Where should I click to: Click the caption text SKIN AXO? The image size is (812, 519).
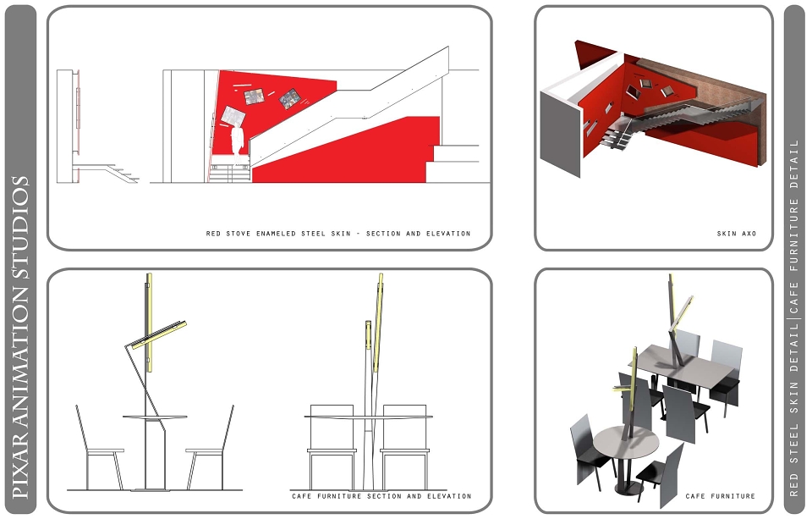(x=737, y=234)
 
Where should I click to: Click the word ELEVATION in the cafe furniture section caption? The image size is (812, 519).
(x=449, y=496)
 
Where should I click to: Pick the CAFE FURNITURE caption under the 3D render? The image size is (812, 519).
(x=721, y=496)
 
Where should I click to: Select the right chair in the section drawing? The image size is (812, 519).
(x=210, y=449)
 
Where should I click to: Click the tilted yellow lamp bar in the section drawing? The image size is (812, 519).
(x=158, y=334)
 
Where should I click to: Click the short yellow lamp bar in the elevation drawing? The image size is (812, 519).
(x=368, y=335)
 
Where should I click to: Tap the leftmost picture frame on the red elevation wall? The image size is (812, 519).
(x=233, y=116)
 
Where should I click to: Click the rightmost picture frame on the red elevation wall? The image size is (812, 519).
(x=290, y=98)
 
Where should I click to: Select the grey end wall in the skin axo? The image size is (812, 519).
(x=560, y=135)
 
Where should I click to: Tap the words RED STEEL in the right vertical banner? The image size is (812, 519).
(x=794, y=461)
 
